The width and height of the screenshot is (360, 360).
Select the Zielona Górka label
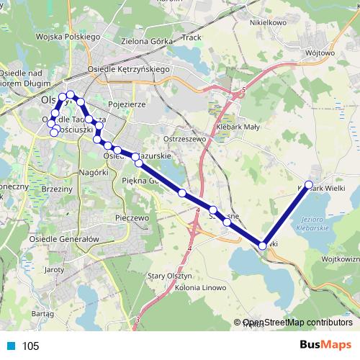tap(148, 41)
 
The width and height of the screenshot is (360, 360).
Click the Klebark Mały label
tap(243, 125)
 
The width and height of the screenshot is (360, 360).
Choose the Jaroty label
tap(55, 269)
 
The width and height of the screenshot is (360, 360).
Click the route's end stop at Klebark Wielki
tap(309, 185)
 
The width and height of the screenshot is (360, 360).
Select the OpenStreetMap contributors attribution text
tap(297, 323)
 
